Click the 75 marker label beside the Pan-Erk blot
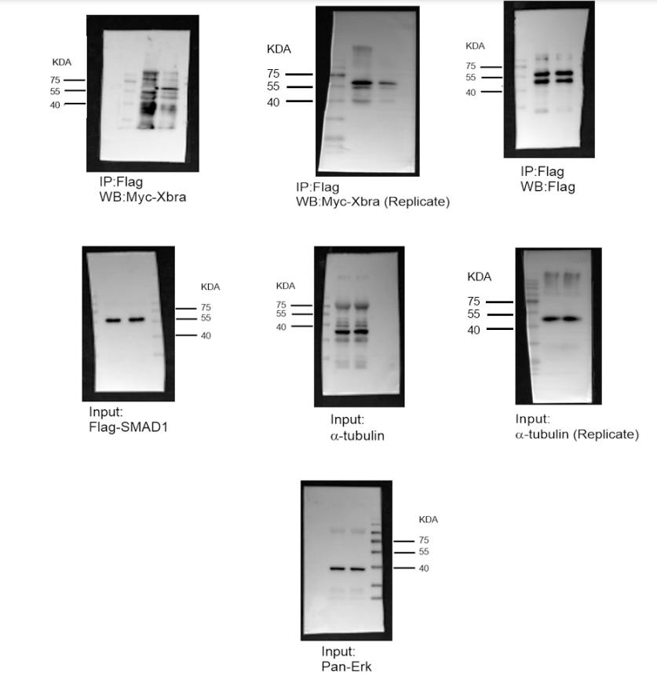(424, 540)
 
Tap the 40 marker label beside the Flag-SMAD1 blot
(206, 335)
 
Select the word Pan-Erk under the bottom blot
(346, 666)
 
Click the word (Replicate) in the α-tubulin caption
(606, 434)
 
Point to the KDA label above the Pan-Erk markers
(429, 519)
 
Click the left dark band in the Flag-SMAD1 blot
(114, 320)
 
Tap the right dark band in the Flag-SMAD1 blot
(137, 320)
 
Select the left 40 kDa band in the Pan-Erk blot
(338, 568)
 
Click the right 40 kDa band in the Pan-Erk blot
(358, 569)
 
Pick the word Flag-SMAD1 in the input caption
(129, 427)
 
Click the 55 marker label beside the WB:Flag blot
(470, 78)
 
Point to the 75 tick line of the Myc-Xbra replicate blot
(299, 75)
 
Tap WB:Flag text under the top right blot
(548, 187)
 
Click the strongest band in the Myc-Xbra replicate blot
(362, 82)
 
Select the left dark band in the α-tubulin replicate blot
(550, 319)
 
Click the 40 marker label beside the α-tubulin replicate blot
(474, 330)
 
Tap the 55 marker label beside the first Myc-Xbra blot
(55, 91)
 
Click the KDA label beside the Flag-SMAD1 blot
(210, 287)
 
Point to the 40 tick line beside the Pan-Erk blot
(404, 568)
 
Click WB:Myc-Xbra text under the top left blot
(143, 196)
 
